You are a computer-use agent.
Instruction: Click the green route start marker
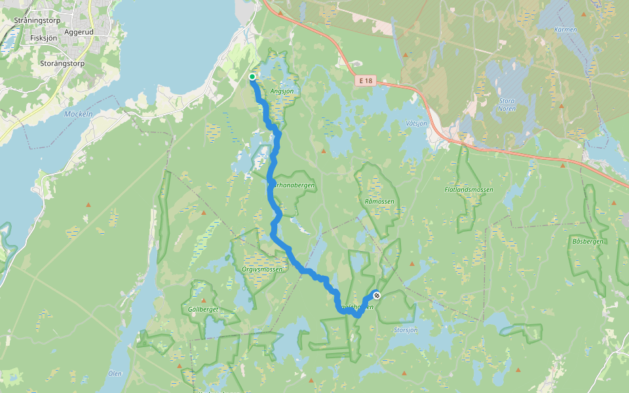click(252, 77)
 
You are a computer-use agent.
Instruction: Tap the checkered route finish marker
click(377, 295)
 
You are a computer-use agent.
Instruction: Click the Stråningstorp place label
click(37, 20)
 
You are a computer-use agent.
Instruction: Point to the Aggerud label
click(80, 31)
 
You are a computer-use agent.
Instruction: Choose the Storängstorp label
click(63, 64)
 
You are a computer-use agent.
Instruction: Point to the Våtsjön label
click(416, 123)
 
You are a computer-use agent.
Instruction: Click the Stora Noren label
click(507, 105)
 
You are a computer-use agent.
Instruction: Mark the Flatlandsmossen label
click(468, 189)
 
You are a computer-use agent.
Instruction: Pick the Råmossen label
click(379, 202)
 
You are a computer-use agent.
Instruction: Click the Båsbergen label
click(587, 242)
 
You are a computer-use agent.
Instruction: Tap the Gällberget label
click(202, 309)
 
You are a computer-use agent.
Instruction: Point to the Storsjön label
click(406, 329)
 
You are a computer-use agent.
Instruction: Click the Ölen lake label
click(115, 373)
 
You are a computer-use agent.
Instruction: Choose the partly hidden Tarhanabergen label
click(295, 185)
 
